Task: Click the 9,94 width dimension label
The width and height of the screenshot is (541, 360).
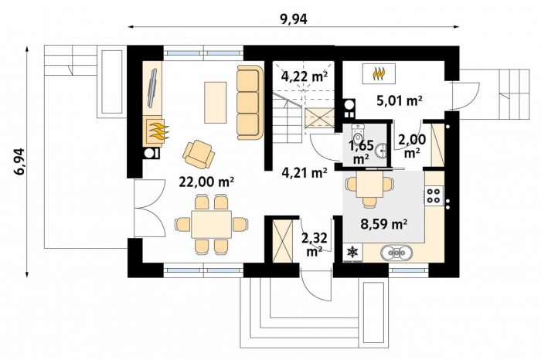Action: point(294,19)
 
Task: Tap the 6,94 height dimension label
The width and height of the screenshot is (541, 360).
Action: point(19,161)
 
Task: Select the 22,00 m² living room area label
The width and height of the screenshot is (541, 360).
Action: point(206,182)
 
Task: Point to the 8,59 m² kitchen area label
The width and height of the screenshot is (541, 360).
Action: point(383,224)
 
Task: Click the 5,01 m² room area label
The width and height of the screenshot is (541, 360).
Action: point(400,100)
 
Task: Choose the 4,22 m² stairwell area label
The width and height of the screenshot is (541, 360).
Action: point(305,76)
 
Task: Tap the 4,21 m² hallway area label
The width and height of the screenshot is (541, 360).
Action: point(305,172)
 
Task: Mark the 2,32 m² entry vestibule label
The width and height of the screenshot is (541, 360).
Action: point(315,244)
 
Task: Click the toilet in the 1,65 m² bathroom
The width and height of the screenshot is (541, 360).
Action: point(358,134)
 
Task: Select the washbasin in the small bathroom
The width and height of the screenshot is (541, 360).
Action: point(381,150)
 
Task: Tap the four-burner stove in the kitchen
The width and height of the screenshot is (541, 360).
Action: point(434,195)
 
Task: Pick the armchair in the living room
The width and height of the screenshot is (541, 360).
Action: point(198,154)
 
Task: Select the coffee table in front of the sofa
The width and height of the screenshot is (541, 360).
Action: point(216,103)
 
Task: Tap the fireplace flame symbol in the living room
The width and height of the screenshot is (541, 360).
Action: point(157,131)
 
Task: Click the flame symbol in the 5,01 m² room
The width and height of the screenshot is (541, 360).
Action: point(379,74)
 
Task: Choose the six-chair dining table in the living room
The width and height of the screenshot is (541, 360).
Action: point(212,225)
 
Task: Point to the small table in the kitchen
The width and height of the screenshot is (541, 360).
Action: point(369,186)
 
